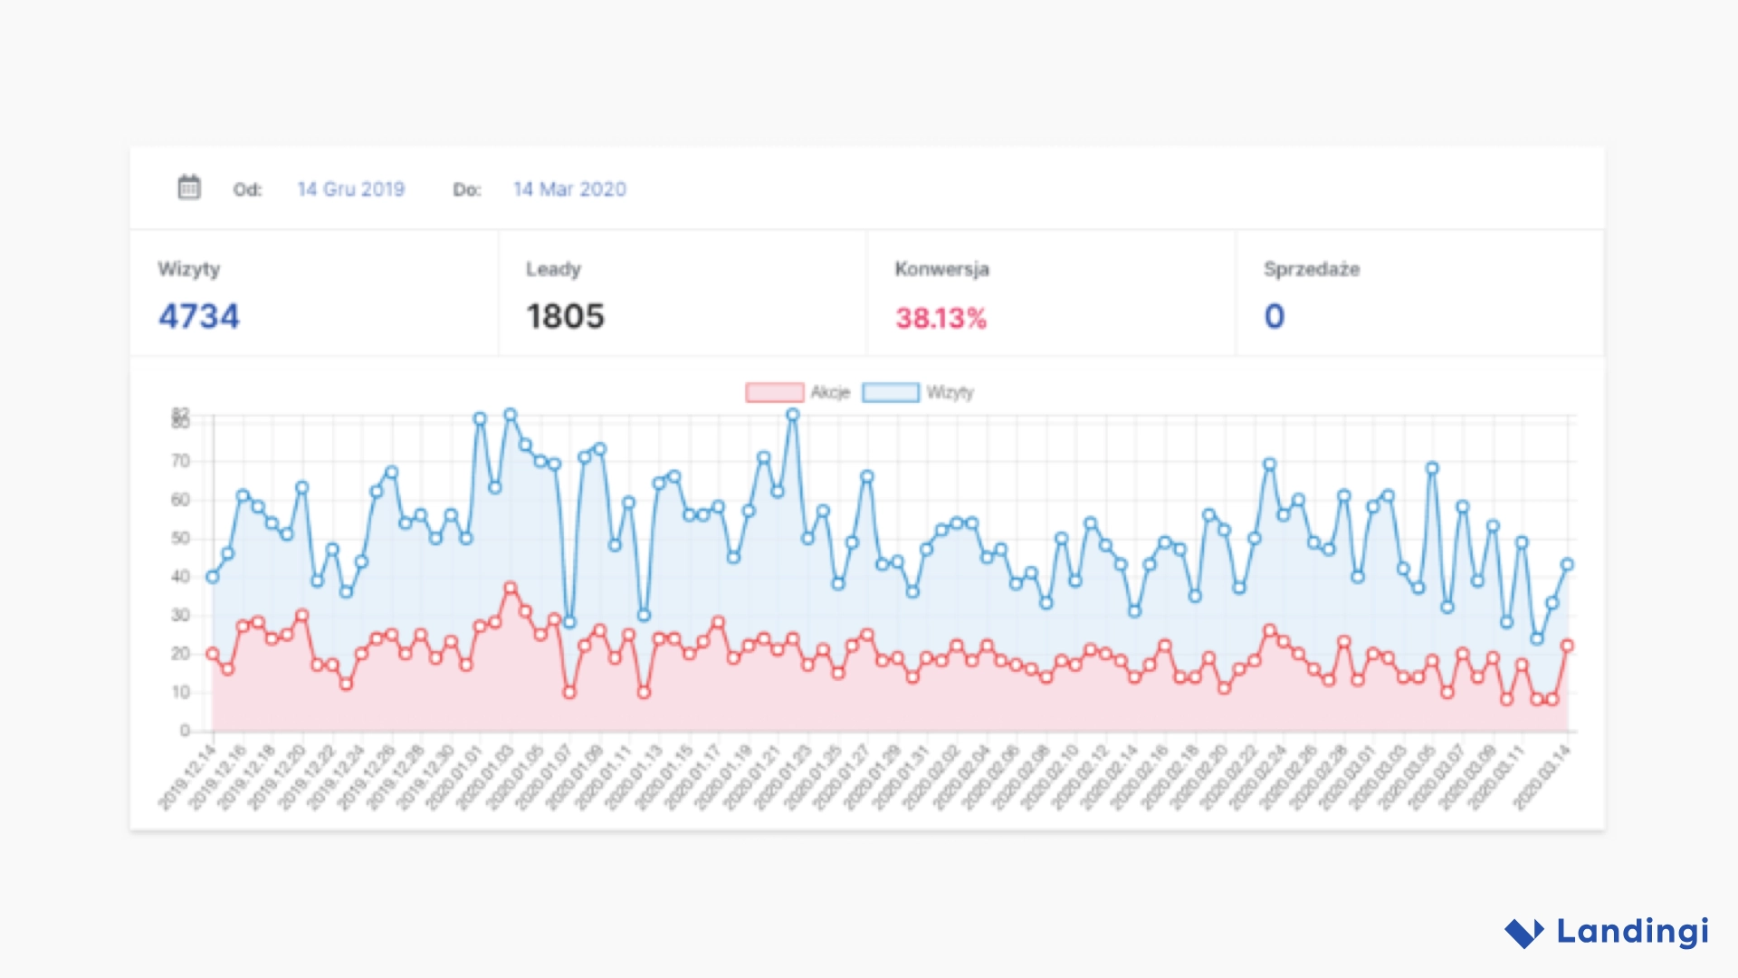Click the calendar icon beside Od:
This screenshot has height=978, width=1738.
(188, 187)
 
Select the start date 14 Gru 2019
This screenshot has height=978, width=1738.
(350, 189)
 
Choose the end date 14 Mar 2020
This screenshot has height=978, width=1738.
(569, 189)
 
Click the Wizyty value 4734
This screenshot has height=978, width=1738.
(198, 316)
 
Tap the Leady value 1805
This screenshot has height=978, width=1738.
(565, 316)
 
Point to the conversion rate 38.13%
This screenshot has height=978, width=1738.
(941, 318)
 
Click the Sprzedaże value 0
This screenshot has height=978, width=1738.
(1274, 316)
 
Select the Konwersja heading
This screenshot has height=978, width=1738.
(941, 269)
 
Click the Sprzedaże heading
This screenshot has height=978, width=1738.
(1311, 269)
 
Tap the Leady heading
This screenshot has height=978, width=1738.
(553, 269)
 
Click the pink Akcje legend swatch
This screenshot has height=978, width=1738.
(774, 392)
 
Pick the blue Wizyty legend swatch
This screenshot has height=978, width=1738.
(890, 392)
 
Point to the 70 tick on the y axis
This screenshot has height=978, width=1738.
(181, 461)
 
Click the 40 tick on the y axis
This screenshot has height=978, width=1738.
(181, 577)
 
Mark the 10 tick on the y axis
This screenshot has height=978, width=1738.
(181, 692)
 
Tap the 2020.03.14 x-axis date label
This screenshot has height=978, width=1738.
(1542, 777)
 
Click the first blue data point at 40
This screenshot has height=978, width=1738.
(213, 577)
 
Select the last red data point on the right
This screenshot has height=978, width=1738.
(1567, 646)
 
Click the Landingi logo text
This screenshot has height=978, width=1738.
(1632, 931)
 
